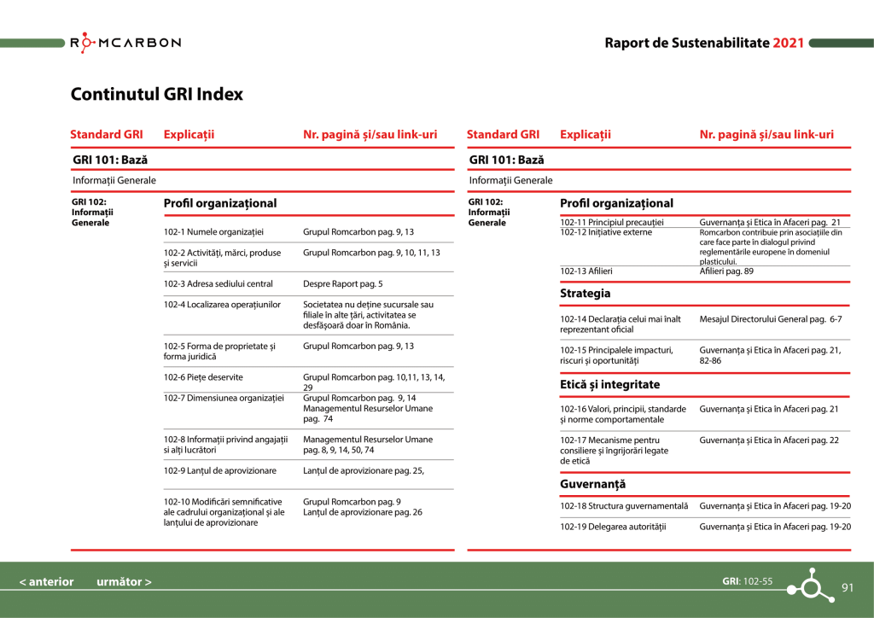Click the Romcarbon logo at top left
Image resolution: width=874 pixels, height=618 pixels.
click(x=125, y=43)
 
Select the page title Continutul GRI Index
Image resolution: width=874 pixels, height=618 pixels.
click(x=156, y=94)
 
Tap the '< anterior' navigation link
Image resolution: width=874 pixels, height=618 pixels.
click(x=47, y=582)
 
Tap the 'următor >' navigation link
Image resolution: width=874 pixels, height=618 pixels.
click(x=124, y=582)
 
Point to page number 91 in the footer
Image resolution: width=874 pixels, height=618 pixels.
click(x=848, y=587)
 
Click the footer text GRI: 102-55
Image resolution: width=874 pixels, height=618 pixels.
click(x=747, y=581)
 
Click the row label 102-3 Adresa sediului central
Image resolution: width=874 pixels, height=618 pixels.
click(x=218, y=283)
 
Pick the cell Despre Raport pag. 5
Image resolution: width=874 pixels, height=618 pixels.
click(x=343, y=283)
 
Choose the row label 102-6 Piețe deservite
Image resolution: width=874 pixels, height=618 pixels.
click(x=203, y=376)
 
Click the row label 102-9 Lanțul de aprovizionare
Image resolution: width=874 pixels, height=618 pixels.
click(x=220, y=470)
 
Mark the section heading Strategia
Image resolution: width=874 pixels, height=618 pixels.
click(x=585, y=294)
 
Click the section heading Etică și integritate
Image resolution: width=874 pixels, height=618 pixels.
click(x=609, y=385)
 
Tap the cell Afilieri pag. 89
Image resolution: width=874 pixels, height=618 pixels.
click(x=726, y=271)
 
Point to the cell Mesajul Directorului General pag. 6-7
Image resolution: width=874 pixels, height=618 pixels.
click(x=771, y=319)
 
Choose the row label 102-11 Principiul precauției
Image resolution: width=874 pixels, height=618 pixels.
click(x=612, y=222)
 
